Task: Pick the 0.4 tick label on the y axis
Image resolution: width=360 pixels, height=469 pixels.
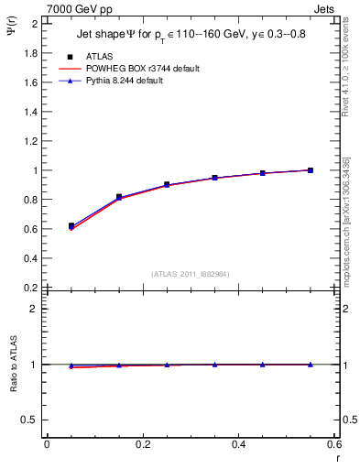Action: click(x=29, y=258)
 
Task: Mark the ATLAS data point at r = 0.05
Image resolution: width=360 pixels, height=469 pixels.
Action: click(x=71, y=225)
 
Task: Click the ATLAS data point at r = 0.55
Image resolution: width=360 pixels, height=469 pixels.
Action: click(x=311, y=170)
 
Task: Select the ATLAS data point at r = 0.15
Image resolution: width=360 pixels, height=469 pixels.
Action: click(x=119, y=197)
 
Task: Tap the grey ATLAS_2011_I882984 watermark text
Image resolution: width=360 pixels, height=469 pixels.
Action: click(x=191, y=273)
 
